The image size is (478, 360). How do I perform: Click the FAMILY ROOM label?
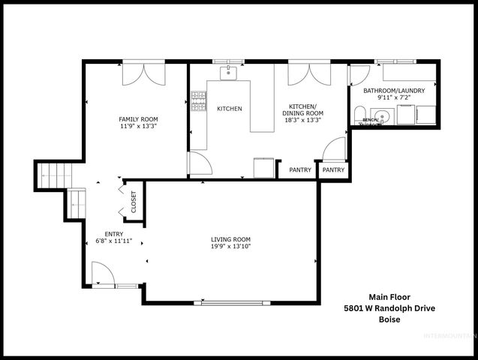(139, 119)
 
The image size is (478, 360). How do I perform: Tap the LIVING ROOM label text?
(230, 238)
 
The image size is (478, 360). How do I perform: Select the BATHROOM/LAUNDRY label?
(394, 91)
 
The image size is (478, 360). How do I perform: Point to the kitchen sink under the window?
(228, 73)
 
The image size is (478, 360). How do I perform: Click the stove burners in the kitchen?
(199, 102)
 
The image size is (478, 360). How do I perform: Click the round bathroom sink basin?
(383, 115)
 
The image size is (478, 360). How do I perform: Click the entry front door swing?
(102, 273)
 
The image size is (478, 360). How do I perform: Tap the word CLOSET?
(134, 202)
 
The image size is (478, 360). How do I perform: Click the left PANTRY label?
(300, 170)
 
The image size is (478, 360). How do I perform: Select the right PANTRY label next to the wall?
(333, 170)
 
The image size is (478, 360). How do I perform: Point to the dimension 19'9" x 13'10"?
(230, 247)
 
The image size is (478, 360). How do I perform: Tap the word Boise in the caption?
(389, 319)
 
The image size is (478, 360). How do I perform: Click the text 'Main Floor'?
(389, 296)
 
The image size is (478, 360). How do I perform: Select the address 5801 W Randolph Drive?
(389, 308)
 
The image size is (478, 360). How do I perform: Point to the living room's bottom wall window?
(230, 302)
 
